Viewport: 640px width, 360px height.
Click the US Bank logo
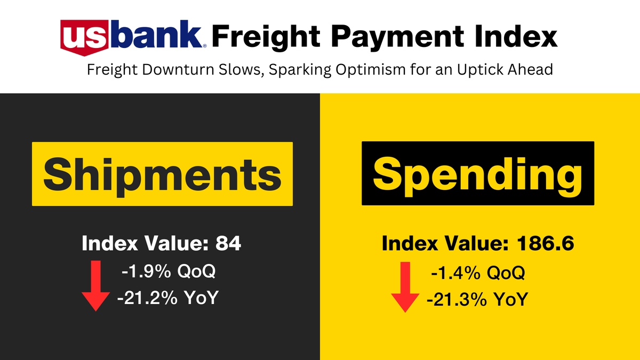[x=134, y=37]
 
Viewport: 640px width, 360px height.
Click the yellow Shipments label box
[x=162, y=174]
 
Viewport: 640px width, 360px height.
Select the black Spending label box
[x=477, y=173]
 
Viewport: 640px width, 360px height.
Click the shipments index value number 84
[x=228, y=244]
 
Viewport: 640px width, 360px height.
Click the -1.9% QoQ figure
[x=169, y=271]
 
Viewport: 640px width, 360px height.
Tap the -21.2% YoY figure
[x=168, y=297]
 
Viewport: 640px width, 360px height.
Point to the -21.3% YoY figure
[x=477, y=299]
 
